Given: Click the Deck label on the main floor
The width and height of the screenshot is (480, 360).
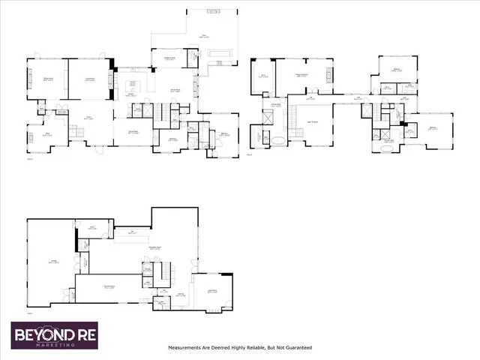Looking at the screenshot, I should point(202,34).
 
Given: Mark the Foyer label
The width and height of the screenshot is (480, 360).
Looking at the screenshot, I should point(88,118).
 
